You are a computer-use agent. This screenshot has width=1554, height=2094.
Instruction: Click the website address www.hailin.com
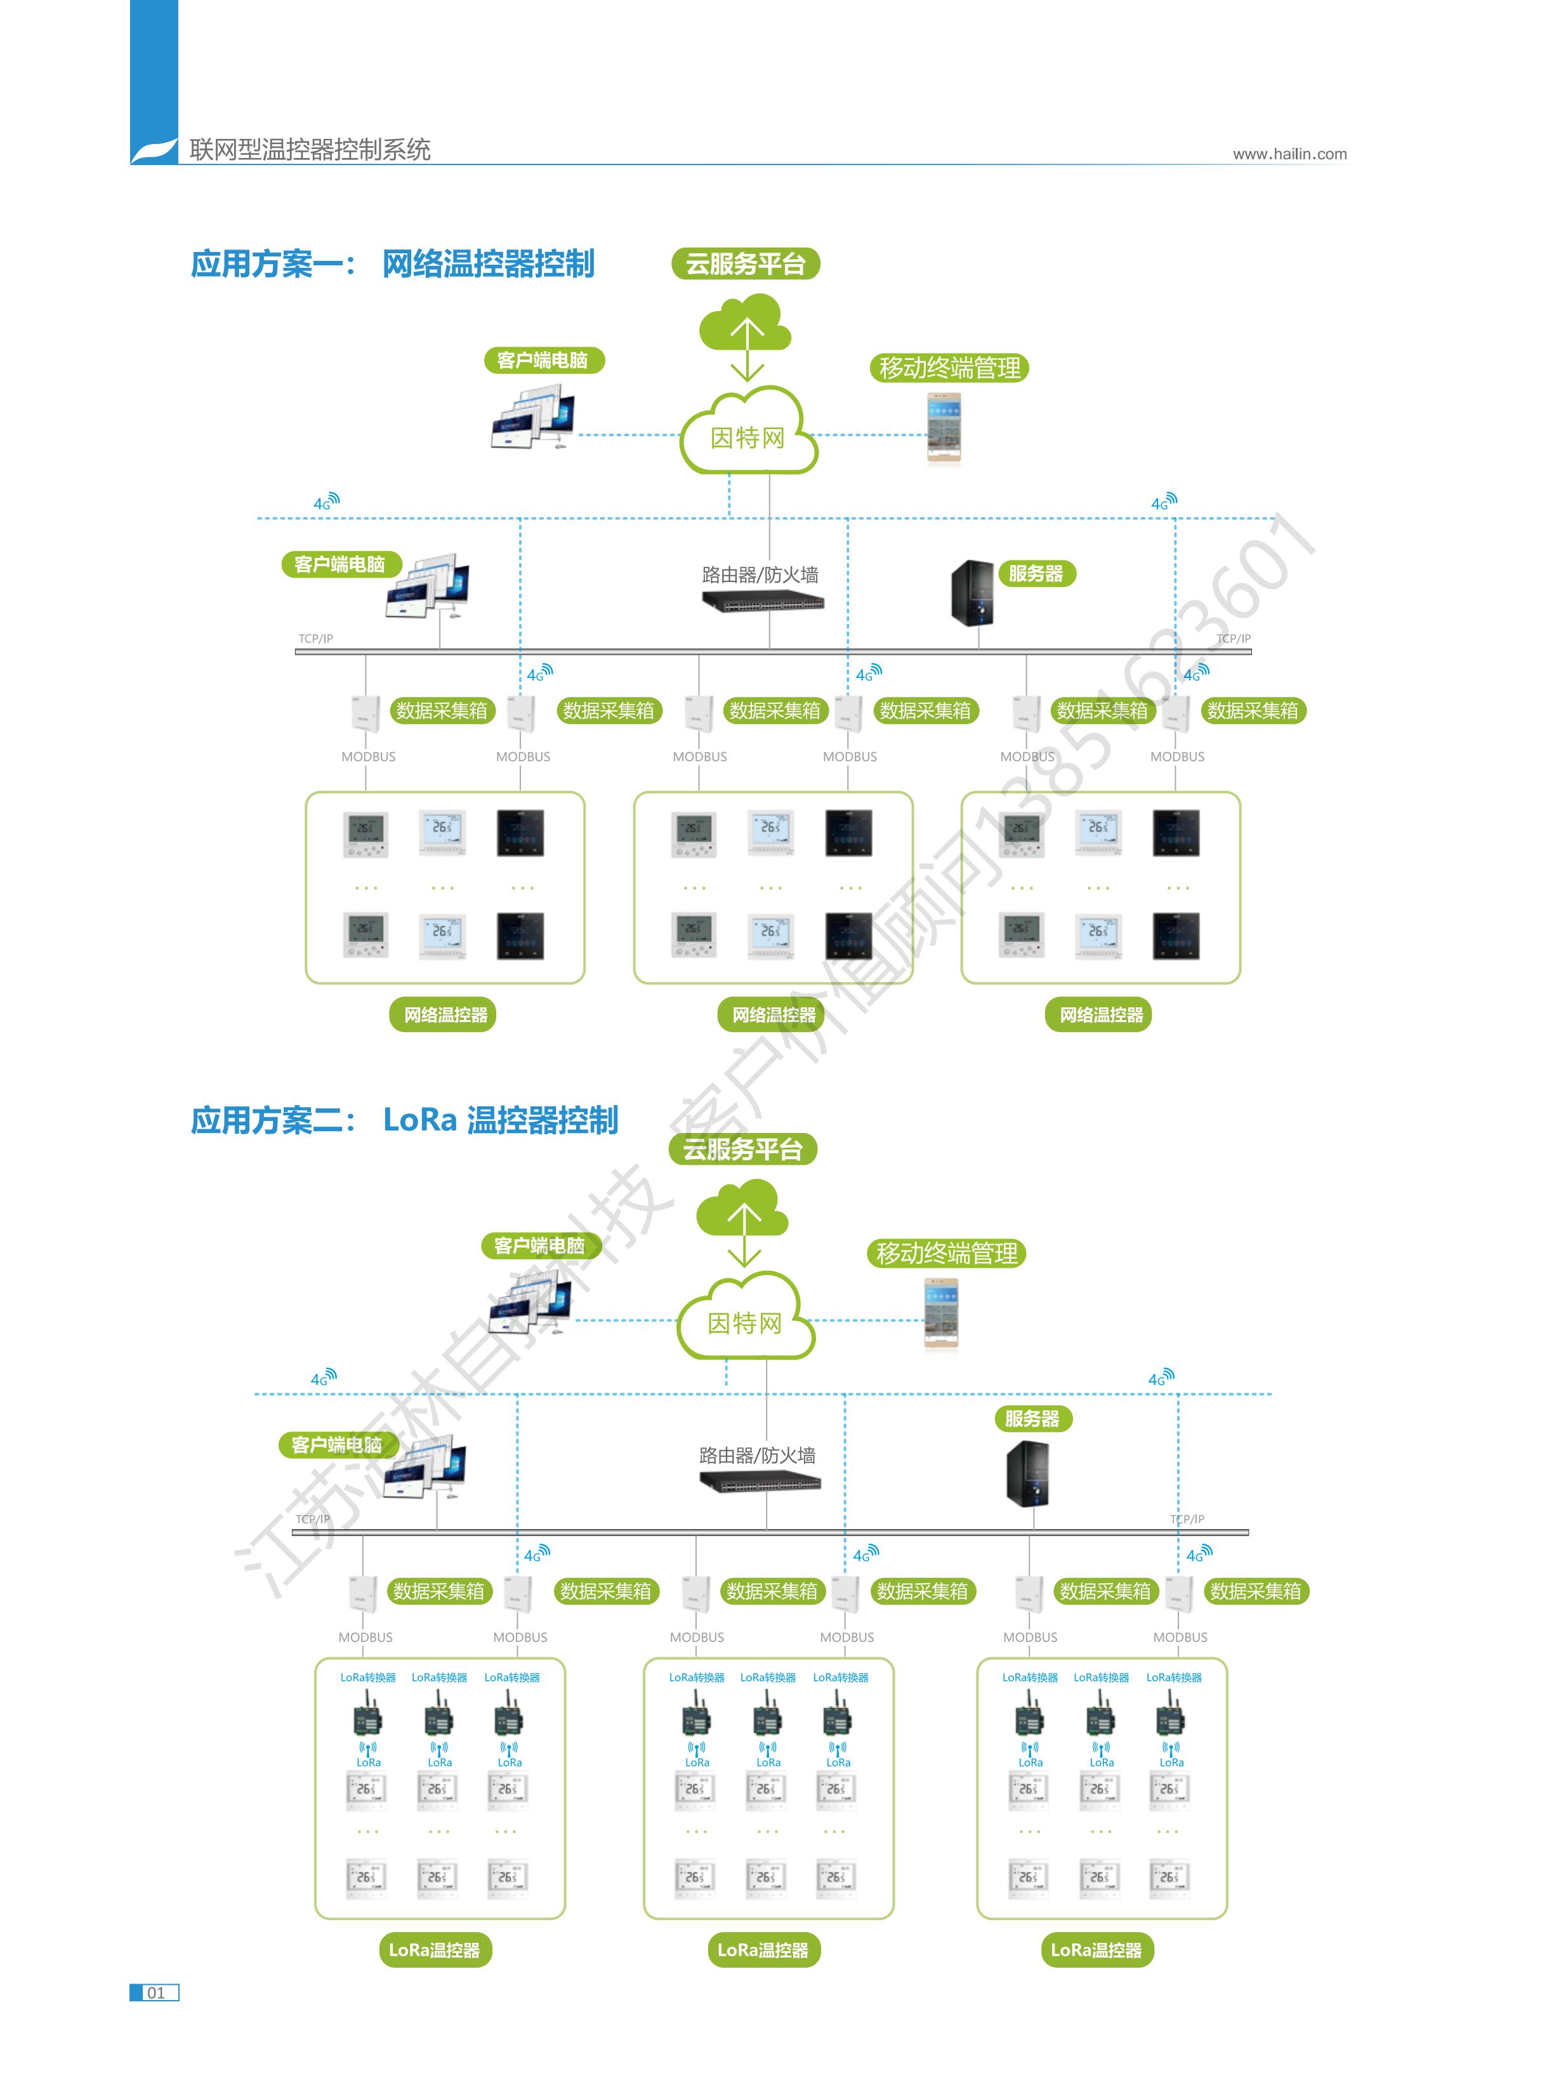(1289, 154)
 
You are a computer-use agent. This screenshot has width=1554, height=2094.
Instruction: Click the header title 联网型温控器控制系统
(310, 150)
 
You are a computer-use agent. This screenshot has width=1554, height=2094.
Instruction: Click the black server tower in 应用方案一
(973, 593)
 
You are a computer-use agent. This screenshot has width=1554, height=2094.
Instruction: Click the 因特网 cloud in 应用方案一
(748, 435)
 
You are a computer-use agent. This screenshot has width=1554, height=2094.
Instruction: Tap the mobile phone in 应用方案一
(944, 428)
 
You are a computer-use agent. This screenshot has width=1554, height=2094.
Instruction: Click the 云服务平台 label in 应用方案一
(745, 264)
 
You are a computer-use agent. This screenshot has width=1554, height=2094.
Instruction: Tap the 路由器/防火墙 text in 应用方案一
(760, 575)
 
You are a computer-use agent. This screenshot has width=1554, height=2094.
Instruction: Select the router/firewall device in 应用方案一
(763, 601)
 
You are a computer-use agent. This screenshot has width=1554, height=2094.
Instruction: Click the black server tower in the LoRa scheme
(1027, 1474)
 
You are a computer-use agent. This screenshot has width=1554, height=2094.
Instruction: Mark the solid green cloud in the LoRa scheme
(742, 1210)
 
